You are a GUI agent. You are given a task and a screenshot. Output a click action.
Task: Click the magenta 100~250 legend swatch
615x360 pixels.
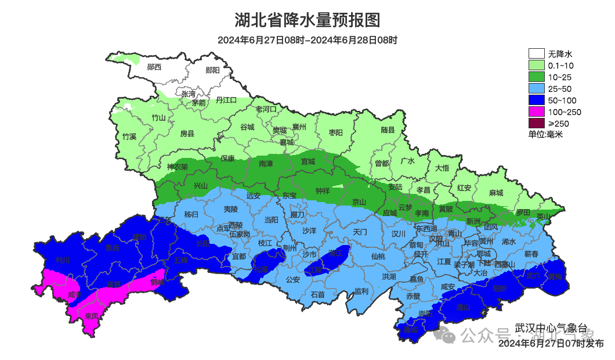click(x=536, y=112)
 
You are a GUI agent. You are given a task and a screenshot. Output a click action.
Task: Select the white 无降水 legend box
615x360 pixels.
click(x=536, y=54)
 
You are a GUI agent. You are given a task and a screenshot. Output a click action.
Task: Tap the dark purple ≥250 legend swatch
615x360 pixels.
click(x=536, y=124)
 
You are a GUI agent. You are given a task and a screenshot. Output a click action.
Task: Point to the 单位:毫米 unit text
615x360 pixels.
click(x=545, y=135)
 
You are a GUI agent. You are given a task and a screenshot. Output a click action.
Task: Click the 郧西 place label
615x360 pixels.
click(x=154, y=67)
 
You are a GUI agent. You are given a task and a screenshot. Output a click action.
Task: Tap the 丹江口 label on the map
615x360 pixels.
click(x=226, y=100)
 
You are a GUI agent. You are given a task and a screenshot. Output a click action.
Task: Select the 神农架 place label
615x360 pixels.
click(x=177, y=167)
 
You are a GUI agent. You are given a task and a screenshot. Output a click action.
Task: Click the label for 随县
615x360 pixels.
click(x=388, y=130)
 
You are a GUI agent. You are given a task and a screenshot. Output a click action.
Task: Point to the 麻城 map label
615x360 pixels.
click(x=496, y=193)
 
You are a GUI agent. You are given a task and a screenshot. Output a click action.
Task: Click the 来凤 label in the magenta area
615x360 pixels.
click(x=91, y=316)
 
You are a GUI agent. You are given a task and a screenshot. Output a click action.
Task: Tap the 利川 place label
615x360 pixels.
click(x=62, y=260)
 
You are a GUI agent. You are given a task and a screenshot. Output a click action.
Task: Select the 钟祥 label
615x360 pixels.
click(x=323, y=190)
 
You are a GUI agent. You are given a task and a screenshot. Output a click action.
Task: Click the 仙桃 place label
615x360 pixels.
click(x=378, y=255)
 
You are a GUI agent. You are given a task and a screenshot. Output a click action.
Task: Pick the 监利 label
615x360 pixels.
click(x=361, y=291)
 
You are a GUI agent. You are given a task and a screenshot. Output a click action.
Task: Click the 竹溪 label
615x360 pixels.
click(x=129, y=136)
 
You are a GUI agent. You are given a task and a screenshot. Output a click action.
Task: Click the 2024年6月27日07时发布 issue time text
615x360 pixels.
click(x=551, y=344)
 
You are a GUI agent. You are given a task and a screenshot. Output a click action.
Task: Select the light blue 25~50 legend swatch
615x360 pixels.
click(x=536, y=89)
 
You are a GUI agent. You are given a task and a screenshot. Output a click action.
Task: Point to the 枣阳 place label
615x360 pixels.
click(x=335, y=132)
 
